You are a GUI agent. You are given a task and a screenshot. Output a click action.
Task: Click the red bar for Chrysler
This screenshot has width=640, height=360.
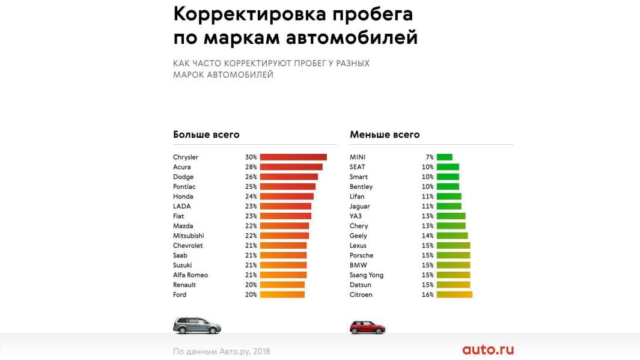[293, 157]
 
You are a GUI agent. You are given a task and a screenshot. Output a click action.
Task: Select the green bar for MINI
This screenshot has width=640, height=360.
[444, 157]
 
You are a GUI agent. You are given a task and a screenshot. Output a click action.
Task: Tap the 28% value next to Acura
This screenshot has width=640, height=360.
[251, 167]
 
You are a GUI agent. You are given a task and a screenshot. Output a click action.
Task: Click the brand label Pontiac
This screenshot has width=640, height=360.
[184, 187]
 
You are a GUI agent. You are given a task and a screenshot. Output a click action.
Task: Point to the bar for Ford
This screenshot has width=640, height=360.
[282, 294]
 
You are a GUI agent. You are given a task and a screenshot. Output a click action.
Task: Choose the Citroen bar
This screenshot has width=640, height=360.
[454, 294]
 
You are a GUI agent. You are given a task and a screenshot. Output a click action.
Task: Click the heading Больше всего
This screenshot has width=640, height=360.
[206, 135]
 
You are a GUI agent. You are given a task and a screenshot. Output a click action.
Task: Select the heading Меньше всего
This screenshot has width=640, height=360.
[385, 135]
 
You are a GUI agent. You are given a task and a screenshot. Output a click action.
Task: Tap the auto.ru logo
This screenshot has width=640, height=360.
[488, 350]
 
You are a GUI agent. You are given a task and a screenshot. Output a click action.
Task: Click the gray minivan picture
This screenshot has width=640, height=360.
[197, 326]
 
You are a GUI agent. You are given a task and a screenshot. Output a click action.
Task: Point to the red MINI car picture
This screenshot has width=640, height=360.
[367, 327]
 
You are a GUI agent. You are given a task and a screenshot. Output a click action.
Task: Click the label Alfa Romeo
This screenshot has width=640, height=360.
[190, 275]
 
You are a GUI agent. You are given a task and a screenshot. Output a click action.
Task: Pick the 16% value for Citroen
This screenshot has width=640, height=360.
[427, 295]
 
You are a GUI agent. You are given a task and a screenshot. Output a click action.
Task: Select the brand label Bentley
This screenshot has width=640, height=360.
[361, 187]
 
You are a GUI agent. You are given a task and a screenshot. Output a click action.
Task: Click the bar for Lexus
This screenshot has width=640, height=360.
[453, 246]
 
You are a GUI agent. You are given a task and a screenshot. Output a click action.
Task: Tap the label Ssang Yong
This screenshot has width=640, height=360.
[367, 275]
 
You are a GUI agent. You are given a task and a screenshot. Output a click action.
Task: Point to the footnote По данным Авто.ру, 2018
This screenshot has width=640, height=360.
[221, 351]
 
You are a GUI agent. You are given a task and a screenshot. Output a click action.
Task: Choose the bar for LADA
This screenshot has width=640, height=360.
[285, 206]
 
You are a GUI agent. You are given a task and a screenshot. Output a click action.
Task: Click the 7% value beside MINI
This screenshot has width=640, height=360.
[429, 157]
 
